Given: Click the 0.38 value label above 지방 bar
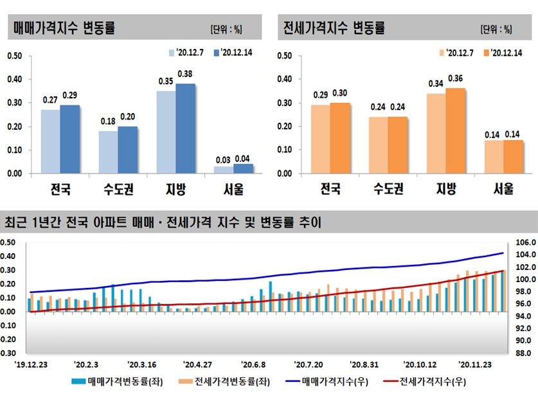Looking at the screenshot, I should [x=186, y=73].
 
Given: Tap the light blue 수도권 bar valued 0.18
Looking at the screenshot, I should [x=109, y=152].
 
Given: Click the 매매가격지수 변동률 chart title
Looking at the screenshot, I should [x=64, y=28].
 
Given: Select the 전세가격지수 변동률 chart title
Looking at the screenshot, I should [x=334, y=28].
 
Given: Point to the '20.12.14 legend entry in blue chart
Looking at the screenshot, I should [x=232, y=52].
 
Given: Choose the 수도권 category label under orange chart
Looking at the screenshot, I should [x=388, y=190].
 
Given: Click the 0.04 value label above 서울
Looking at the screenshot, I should [x=243, y=159].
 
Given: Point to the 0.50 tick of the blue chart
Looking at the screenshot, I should [x=14, y=56].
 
